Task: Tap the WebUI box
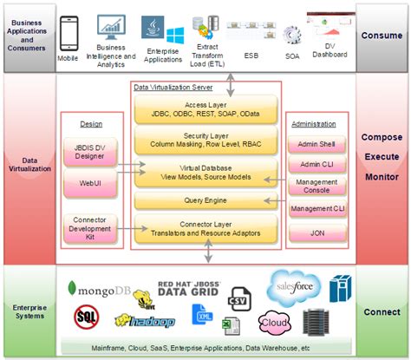pos(84,183)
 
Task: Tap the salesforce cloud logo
pos(293,287)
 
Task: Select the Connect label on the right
pos(382,311)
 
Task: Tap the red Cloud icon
pos(273,323)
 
